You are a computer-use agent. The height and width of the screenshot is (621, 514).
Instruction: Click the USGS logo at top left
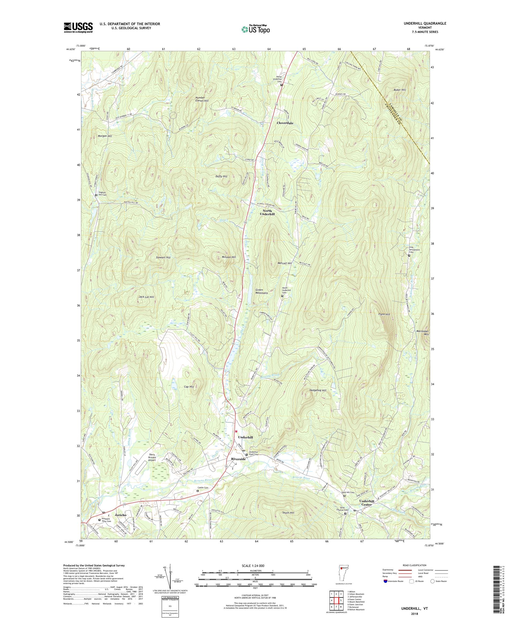tap(78, 28)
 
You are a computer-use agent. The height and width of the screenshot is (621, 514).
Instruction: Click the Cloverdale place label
tap(285, 123)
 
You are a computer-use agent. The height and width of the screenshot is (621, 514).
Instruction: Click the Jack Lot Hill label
tap(146, 297)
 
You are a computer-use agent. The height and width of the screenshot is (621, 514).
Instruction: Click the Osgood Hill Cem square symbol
tap(96, 195)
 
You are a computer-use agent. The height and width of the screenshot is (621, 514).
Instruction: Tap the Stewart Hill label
tap(163, 258)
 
